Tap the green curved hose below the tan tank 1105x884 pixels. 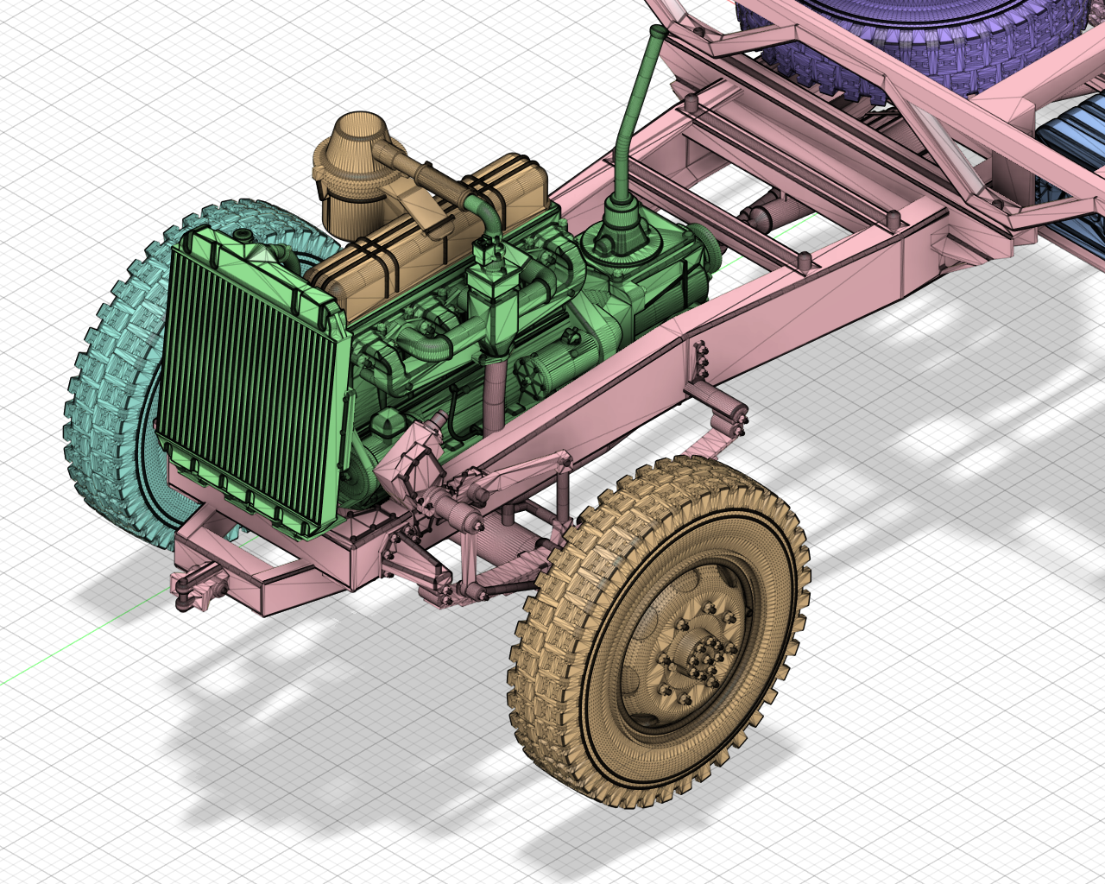pos(427,345)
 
